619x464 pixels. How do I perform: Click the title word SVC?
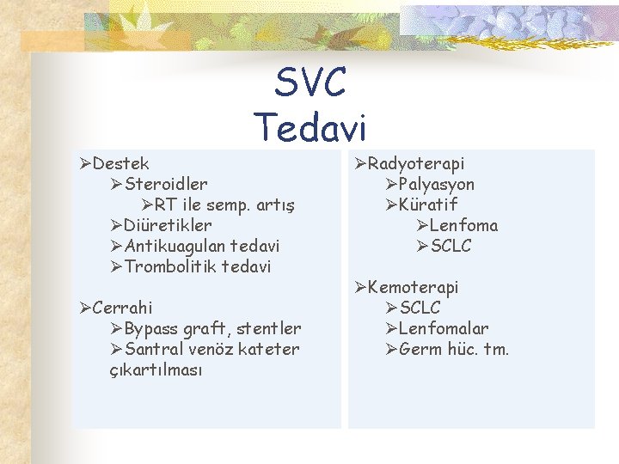pyautogui.click(x=310, y=83)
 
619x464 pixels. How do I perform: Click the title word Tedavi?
pyautogui.click(x=310, y=127)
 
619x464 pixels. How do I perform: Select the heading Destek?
pyautogui.click(x=120, y=163)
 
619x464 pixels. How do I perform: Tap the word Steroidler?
pyautogui.click(x=166, y=184)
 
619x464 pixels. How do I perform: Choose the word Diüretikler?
pyautogui.click(x=168, y=225)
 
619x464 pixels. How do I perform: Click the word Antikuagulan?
pyautogui.click(x=171, y=246)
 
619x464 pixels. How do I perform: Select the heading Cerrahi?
pyautogui.click(x=122, y=308)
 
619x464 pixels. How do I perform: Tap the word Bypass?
pyautogui.click(x=150, y=328)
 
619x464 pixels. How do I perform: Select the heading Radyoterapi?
pyautogui.click(x=416, y=163)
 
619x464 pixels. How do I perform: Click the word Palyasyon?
pyautogui.click(x=437, y=184)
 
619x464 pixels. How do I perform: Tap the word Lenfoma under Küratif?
pyautogui.click(x=463, y=225)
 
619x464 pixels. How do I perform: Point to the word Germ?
pyautogui.click(x=420, y=349)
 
